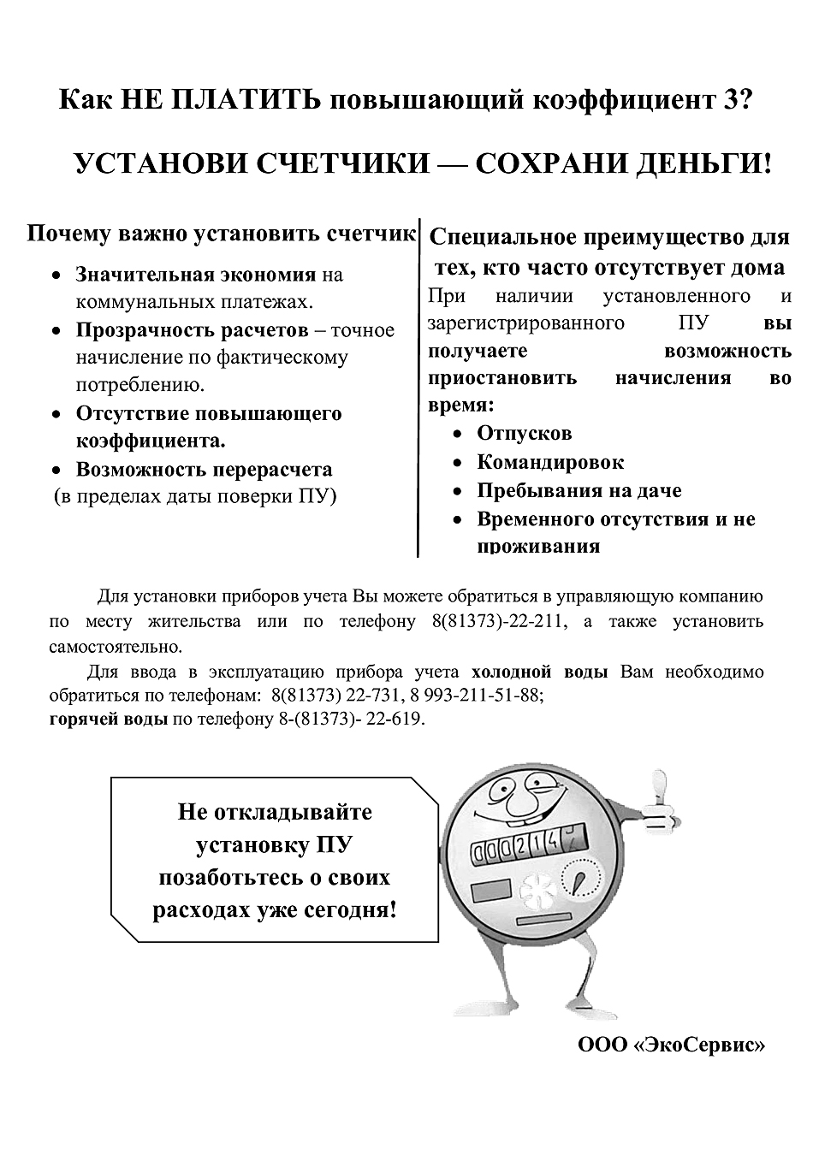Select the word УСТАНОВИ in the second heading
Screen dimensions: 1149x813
157,163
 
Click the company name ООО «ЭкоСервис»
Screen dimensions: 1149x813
671,1045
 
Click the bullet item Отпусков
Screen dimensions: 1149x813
524,434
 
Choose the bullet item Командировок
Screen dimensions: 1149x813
550,462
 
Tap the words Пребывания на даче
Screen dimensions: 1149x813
579,491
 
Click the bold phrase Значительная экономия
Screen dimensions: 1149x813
196,275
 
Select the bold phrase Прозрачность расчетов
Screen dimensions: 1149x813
192,330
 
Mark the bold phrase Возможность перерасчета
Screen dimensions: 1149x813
204,470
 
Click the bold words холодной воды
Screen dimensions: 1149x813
539,672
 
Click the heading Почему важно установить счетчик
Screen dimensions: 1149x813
221,234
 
